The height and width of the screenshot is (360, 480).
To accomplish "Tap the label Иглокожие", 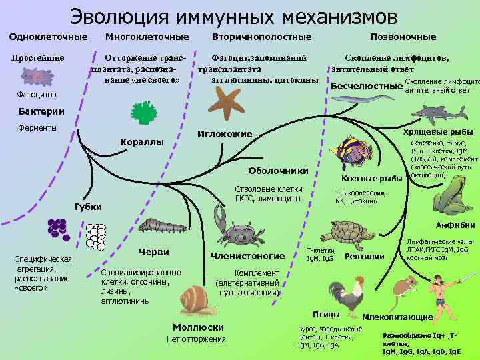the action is [225, 135].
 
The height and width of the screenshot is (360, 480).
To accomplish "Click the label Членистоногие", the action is [247, 256].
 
